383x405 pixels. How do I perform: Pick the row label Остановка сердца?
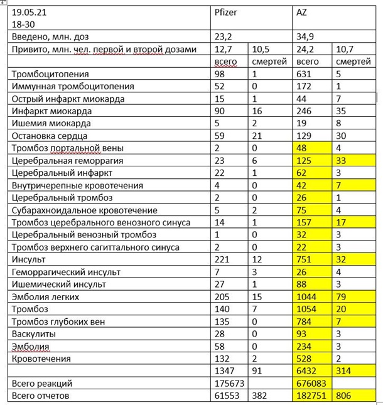coord(50,136)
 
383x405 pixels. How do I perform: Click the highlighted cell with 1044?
coord(308,296)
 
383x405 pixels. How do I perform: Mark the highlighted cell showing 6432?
coord(308,371)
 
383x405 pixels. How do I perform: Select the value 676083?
coord(311,384)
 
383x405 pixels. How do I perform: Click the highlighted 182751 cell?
coord(311,396)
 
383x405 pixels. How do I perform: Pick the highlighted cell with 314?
coord(344,371)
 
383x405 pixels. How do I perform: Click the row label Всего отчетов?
coord(43,396)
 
